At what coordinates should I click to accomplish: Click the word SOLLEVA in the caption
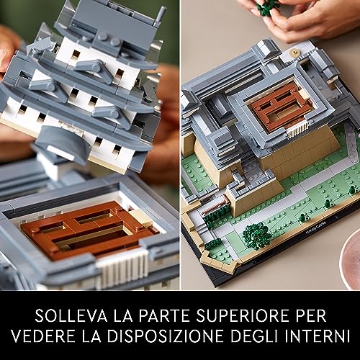pyautogui.click(x=71, y=315)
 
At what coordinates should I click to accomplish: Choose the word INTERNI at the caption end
pyautogui.click(x=318, y=336)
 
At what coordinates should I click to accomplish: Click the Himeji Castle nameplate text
pyautogui.click(x=316, y=227)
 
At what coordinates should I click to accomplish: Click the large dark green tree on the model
pyautogui.click(x=257, y=235)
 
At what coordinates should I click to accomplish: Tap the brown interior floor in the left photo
pyautogui.click(x=88, y=229)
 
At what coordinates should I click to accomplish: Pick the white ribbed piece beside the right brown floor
pyautogui.click(x=297, y=130)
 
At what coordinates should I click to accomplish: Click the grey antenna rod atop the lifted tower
pyautogui.click(x=160, y=16)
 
